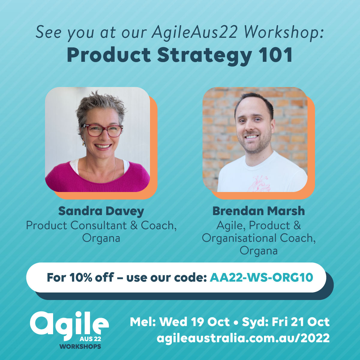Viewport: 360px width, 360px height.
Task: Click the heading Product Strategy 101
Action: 180,55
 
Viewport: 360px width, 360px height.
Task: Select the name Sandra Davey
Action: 101,211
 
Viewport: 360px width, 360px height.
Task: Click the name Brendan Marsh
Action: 259,211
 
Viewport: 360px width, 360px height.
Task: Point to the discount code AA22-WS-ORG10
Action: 261,277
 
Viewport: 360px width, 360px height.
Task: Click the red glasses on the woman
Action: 102,130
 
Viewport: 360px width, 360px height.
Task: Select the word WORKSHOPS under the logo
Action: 80,346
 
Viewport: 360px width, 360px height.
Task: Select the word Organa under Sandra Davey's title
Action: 101,239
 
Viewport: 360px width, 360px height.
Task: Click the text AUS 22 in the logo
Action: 90,339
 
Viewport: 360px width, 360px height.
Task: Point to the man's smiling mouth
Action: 251,137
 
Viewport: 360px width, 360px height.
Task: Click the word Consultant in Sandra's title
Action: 98,226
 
